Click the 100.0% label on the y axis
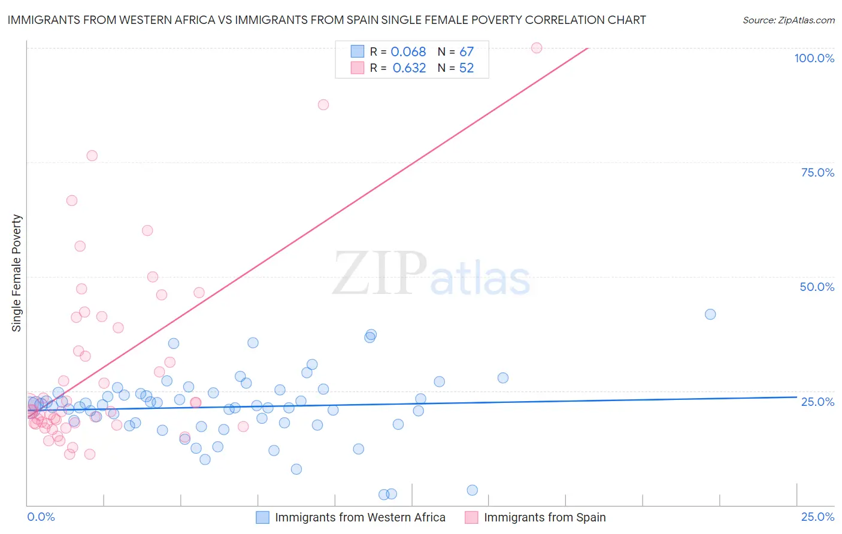point(814,58)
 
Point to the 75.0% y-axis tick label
point(817,172)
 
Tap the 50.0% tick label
point(817,287)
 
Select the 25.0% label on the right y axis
point(817,402)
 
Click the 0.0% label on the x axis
point(41,517)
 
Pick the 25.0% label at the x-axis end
point(817,517)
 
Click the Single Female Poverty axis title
point(17,273)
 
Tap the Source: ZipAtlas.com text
point(788,20)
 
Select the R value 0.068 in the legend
point(408,52)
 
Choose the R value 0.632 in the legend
point(409,68)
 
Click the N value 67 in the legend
point(467,52)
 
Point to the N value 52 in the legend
point(467,68)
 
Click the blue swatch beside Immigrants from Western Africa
point(262,517)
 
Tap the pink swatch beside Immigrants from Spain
point(471,517)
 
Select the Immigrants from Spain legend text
point(544,517)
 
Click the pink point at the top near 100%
point(537,48)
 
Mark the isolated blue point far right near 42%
point(710,314)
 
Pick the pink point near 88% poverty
point(323,105)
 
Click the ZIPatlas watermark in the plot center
point(431,274)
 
